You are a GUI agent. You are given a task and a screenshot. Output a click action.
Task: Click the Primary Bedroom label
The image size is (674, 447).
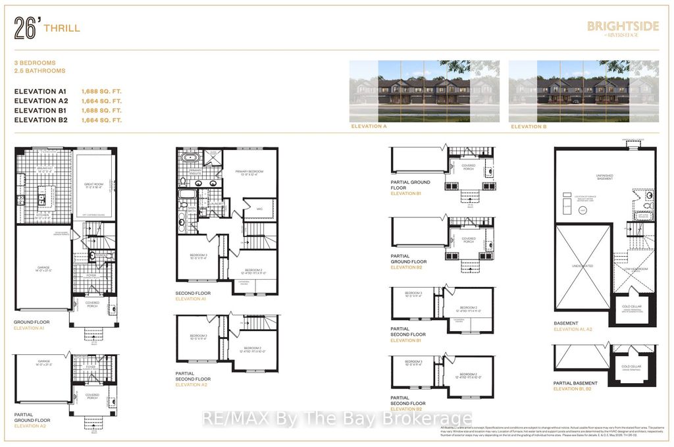250,172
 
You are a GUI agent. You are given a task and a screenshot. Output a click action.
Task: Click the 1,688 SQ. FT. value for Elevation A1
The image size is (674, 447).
101,92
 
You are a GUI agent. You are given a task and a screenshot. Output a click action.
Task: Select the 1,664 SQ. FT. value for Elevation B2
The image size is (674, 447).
101,120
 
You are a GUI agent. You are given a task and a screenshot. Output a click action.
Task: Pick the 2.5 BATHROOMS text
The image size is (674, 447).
40,70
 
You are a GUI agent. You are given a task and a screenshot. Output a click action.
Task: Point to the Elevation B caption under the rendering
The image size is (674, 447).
530,125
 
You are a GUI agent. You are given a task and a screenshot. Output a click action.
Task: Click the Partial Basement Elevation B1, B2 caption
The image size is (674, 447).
576,386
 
